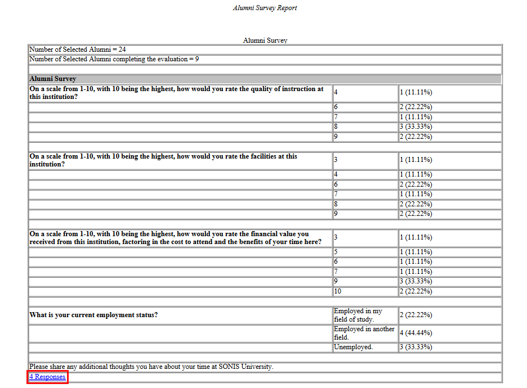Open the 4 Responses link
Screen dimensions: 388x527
point(47,377)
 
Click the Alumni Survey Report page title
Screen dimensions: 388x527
point(265,8)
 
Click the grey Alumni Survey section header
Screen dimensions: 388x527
point(53,79)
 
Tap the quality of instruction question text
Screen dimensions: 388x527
point(176,93)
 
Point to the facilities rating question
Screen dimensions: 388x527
point(163,160)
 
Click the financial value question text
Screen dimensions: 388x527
point(175,238)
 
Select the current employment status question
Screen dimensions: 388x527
point(93,315)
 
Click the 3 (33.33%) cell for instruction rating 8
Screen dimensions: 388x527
point(416,127)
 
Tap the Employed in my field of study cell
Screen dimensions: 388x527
point(358,315)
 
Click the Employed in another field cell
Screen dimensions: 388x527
point(364,333)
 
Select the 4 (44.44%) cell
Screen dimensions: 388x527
point(416,333)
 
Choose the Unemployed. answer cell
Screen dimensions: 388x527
point(353,347)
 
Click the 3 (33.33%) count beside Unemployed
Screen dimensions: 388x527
point(416,347)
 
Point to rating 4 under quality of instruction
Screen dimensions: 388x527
point(336,93)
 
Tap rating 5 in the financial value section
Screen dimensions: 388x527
point(336,252)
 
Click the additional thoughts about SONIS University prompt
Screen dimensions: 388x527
point(151,367)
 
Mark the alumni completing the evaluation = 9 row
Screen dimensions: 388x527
point(114,59)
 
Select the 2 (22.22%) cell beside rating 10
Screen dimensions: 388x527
point(416,291)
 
